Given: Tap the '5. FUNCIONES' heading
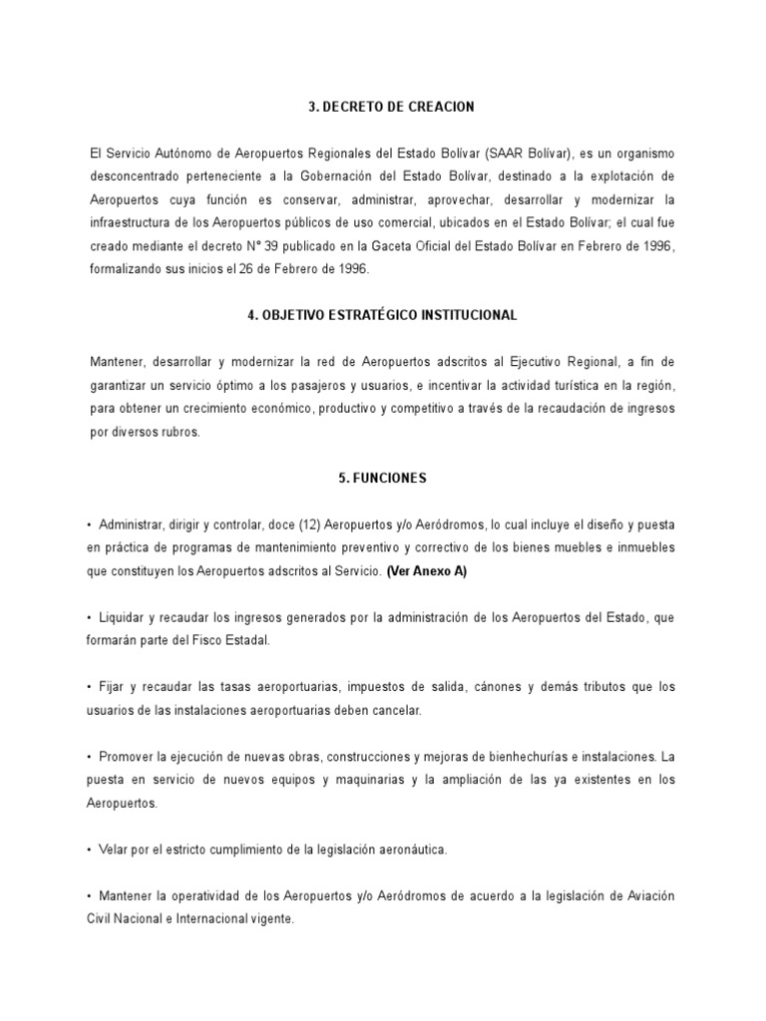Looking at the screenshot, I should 383,479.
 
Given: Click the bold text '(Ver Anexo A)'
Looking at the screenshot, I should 426,571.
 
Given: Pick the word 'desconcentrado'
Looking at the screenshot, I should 132,176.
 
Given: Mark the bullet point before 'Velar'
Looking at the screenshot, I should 90,851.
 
